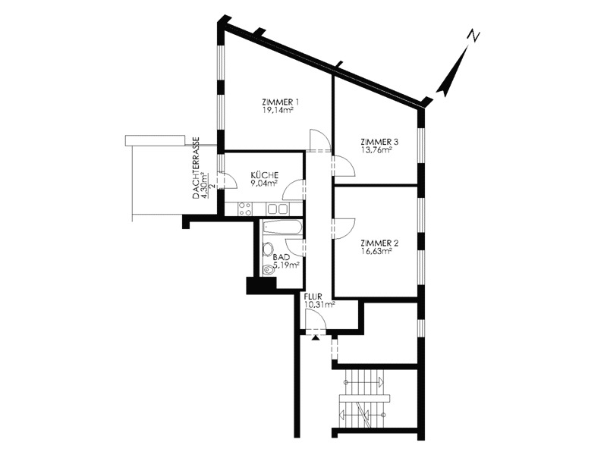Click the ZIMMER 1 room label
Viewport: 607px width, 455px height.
(280, 102)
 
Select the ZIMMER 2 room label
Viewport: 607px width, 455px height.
(379, 243)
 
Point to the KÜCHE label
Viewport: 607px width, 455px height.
(264, 175)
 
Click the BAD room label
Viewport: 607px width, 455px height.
(281, 257)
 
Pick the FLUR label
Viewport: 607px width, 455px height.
(313, 297)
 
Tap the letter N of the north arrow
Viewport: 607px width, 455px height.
(473, 36)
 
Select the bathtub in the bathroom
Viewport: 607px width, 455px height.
(281, 227)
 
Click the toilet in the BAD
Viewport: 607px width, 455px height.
(268, 270)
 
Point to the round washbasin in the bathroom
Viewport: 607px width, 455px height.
(268, 249)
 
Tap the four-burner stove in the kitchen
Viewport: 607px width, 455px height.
(244, 209)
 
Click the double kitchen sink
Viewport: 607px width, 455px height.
(278, 209)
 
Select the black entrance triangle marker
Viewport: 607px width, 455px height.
(316, 337)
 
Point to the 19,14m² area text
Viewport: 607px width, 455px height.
(276, 111)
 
